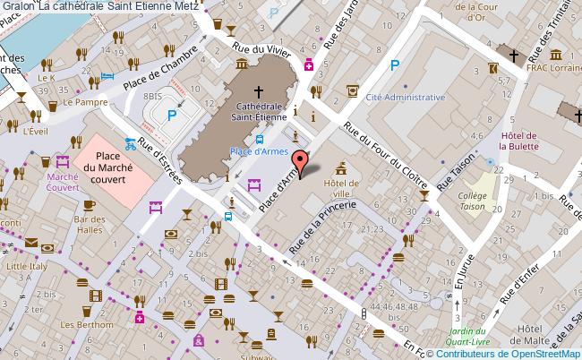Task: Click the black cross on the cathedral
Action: coord(259,91)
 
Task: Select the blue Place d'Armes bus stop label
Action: coord(258,151)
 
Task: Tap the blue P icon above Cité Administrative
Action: coord(395,64)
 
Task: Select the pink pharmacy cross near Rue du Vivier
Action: coord(308,64)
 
